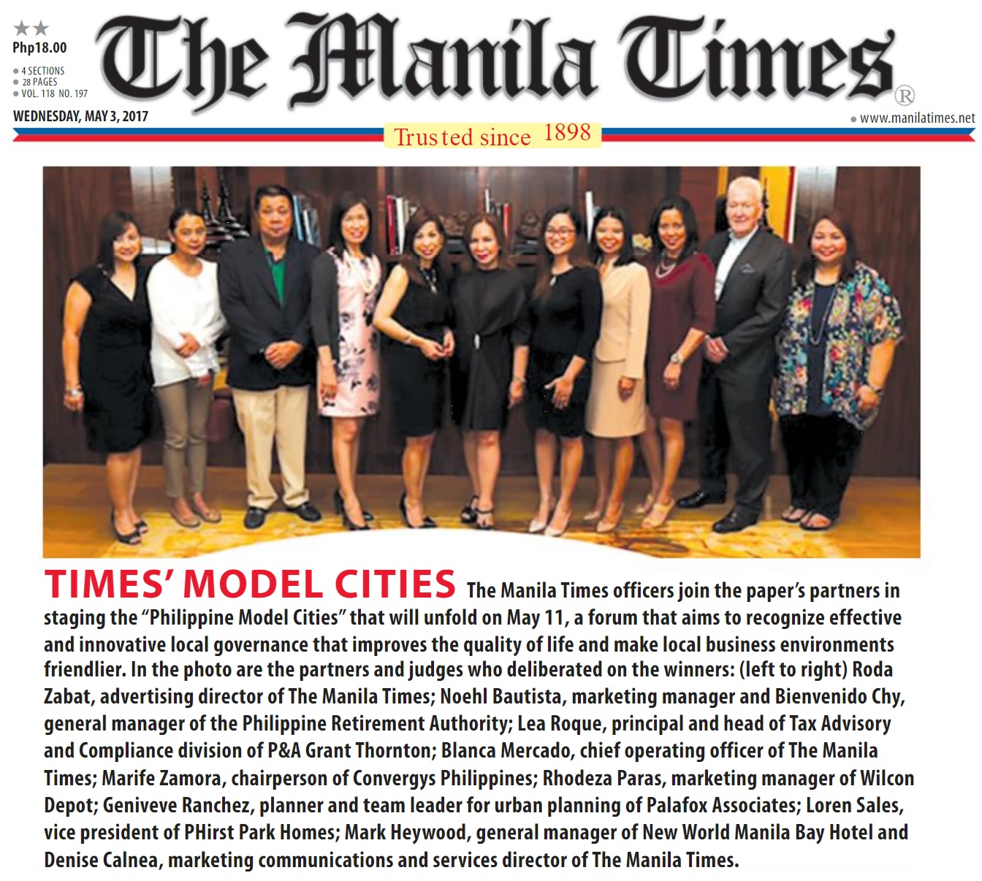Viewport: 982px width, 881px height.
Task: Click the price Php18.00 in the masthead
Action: pyautogui.click(x=39, y=48)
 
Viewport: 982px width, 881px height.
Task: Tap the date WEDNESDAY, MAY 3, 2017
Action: pyautogui.click(x=80, y=116)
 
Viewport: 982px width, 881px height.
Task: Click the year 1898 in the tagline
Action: pyautogui.click(x=567, y=133)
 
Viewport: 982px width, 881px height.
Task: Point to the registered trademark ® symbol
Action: pyautogui.click(x=905, y=96)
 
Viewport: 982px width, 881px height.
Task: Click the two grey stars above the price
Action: pyautogui.click(x=31, y=28)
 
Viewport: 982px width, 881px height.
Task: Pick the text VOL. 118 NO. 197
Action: pyautogui.click(x=55, y=94)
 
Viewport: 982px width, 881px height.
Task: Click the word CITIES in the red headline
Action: pyautogui.click(x=395, y=584)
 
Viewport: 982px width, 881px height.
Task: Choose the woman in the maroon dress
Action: pyautogui.click(x=676, y=329)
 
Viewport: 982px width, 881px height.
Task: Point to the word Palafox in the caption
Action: pyautogui.click(x=677, y=805)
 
